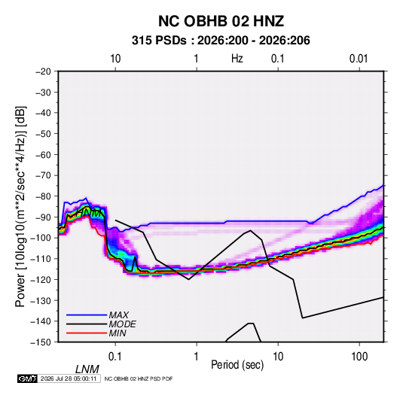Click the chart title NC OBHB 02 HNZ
coord(221,21)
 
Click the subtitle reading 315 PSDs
coord(159,41)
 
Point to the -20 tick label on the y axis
coord(43,71)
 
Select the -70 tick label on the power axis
coord(43,175)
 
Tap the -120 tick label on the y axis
coord(41,279)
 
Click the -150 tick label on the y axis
coord(41,342)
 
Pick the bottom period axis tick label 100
coord(359,357)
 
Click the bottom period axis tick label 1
coord(197,357)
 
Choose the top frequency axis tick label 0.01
coord(359,59)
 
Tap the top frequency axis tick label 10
coord(115,59)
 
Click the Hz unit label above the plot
coord(237,59)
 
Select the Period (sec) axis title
coord(237,365)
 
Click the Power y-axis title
coord(20,207)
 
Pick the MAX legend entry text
coord(119,315)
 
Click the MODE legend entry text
coord(122,324)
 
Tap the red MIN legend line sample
coord(87,333)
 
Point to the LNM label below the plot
coord(87,369)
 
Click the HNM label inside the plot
coord(89,213)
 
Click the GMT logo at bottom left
coord(28,378)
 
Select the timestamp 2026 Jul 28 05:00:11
coord(69,378)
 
